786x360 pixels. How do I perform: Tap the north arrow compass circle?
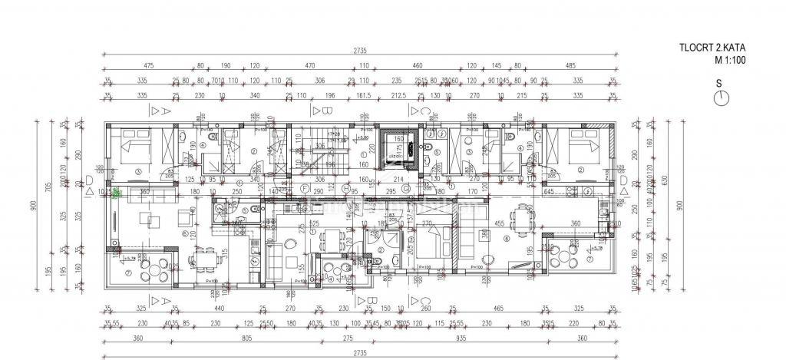[x=720, y=97]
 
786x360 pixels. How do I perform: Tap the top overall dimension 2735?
[x=359, y=51]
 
